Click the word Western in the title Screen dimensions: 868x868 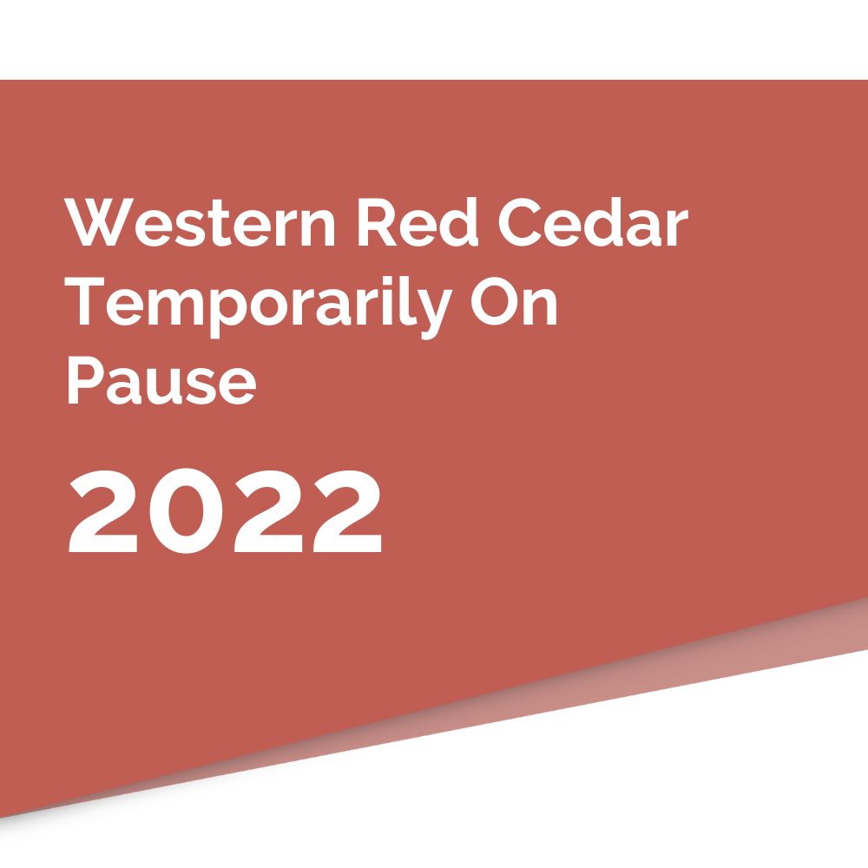[200, 222]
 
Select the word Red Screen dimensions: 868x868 [418, 221]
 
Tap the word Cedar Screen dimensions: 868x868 [594, 221]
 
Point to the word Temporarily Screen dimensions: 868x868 [259, 307]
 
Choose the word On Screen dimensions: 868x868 [514, 301]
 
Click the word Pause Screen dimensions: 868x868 [162, 380]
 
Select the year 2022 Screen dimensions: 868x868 [226, 510]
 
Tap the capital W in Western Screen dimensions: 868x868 [99, 222]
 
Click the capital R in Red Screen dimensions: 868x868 [378, 222]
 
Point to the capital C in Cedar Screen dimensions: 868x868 [520, 222]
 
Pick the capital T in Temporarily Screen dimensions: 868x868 [84, 300]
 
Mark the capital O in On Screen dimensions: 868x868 [495, 301]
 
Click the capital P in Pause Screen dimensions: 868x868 [86, 380]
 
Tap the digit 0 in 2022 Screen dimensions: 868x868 [186, 510]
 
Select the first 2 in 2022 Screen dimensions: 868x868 [103, 511]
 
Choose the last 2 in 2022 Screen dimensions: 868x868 [348, 511]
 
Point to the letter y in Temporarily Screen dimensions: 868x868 [435, 314]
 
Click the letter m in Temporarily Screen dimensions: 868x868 [175, 307]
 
